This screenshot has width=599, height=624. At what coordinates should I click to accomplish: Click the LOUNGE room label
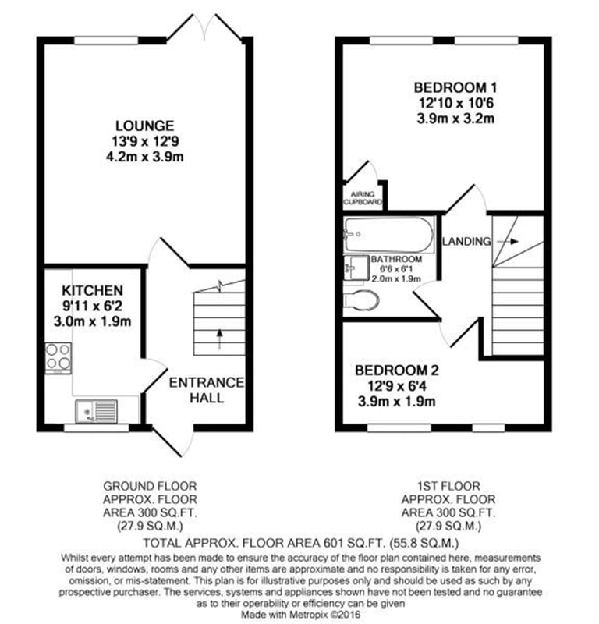point(145,126)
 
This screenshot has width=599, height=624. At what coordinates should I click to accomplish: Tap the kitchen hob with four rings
point(58,357)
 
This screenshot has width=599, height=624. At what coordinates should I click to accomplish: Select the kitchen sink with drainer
point(96,411)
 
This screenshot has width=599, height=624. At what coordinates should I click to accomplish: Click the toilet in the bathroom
point(361,300)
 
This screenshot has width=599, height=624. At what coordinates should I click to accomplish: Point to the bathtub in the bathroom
point(389,235)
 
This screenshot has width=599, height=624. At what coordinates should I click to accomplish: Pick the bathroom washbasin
point(356,268)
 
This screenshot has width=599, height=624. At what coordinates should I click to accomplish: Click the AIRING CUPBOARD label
point(363,198)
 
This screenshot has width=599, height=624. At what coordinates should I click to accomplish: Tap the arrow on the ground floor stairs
point(219,339)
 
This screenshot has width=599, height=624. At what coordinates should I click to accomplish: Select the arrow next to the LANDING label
point(508,242)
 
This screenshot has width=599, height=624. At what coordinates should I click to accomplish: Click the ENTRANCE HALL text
point(207,390)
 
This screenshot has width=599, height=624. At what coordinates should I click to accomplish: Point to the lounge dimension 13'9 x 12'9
point(145,141)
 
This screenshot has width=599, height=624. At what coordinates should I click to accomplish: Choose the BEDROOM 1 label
point(455,87)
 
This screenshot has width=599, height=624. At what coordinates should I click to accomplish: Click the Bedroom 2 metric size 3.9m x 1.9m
point(396,401)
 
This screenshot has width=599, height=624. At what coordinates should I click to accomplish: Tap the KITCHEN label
point(92,290)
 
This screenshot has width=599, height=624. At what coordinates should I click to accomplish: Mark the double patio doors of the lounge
point(204,27)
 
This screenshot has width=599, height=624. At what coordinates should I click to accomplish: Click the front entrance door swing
point(173,441)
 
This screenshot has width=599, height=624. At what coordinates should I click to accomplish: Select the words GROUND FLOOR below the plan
point(150,486)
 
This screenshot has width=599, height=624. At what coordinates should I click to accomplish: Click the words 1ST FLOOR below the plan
point(448,486)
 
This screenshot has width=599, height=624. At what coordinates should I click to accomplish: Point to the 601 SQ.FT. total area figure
point(354,543)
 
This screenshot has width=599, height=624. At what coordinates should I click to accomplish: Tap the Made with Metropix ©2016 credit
point(300,614)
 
